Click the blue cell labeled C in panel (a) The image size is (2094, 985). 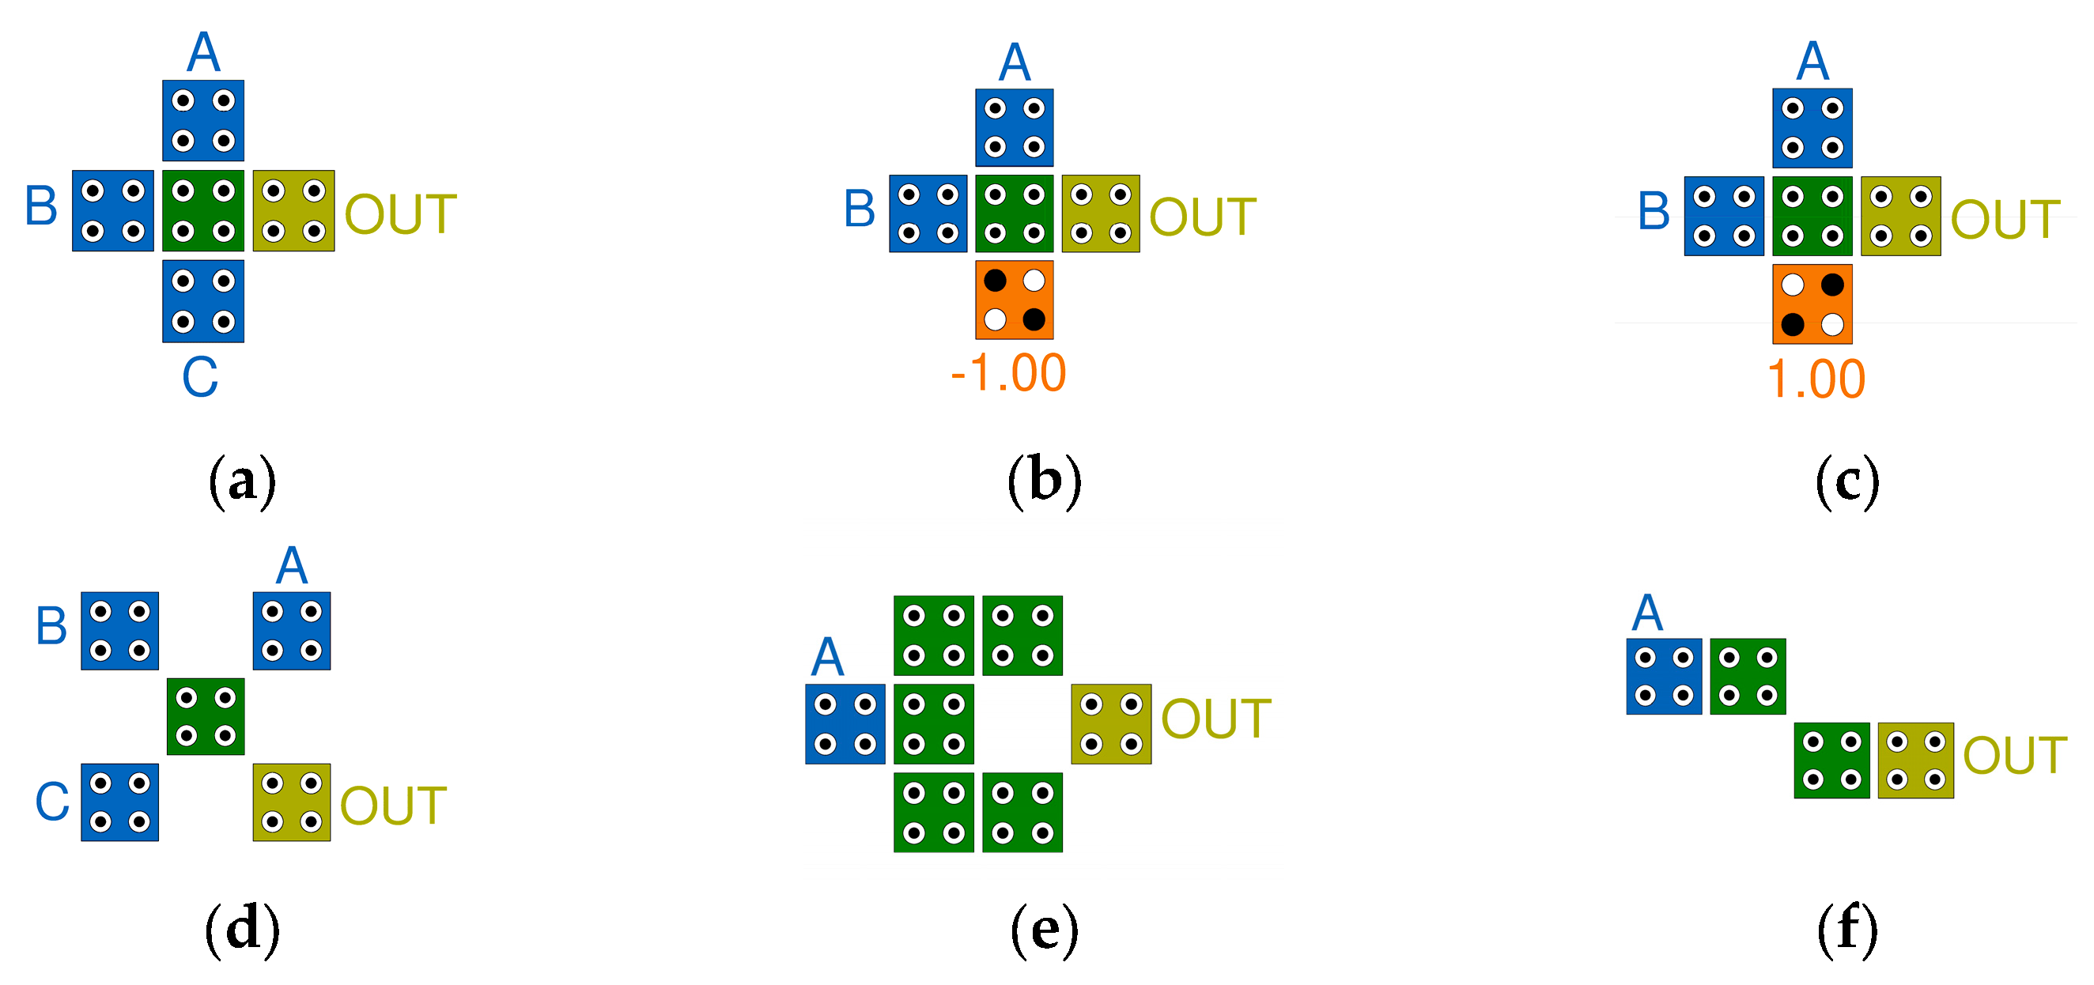coord(203,300)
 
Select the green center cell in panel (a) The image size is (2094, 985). coord(203,210)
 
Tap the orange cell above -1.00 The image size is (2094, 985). coord(1014,300)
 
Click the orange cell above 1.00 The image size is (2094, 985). coord(1812,304)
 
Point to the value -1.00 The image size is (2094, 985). coord(1008,373)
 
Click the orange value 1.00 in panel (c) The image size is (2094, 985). coord(1816,379)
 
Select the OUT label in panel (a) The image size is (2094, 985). coord(400,214)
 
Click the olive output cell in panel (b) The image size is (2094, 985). coord(1100,213)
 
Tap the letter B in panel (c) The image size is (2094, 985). coord(1654,211)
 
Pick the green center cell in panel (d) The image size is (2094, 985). coord(206,716)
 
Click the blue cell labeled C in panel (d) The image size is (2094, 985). coord(119,802)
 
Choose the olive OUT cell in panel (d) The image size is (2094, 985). coord(291,802)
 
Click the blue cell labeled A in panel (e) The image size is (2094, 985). coord(845,723)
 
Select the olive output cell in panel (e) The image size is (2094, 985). coord(1110,723)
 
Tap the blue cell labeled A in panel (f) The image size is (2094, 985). coord(1663,676)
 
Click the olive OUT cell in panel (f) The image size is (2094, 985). coord(1915,760)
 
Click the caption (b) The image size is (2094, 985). coord(1045,481)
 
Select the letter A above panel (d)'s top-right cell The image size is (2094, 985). coord(291,566)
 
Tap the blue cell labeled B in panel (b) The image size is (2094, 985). coord(928,213)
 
